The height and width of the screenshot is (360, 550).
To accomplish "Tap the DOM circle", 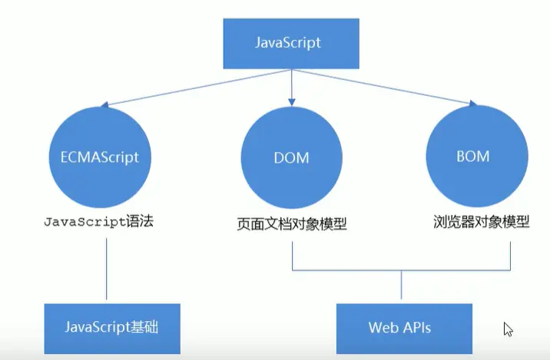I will click(290, 157).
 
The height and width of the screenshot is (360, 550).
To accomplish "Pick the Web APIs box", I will click(399, 327).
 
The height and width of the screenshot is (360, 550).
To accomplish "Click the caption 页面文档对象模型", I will click(291, 225).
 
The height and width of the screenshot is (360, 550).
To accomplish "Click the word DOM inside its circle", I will click(290, 158).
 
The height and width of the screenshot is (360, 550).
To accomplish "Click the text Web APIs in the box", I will click(399, 327).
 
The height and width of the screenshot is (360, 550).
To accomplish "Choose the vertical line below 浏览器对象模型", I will click(511, 253).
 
